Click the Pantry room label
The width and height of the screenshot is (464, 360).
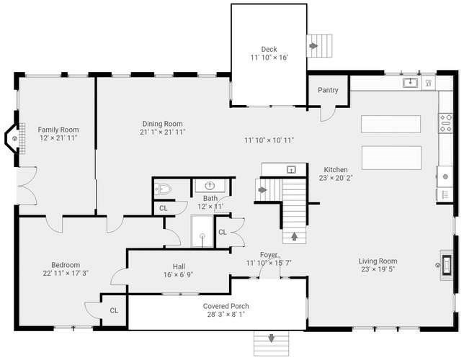point(328,90)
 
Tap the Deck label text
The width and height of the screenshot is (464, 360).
point(269,49)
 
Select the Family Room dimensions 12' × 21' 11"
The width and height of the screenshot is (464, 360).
point(58,138)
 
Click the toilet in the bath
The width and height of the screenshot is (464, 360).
point(163,189)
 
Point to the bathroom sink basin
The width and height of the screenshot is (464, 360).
point(210,186)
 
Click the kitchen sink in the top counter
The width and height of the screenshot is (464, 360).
point(410,83)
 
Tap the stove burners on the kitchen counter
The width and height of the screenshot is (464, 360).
point(446,123)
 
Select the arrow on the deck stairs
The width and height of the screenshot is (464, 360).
point(313,46)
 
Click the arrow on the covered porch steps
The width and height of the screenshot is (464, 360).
point(272,338)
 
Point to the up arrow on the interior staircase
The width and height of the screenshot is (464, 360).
point(294,236)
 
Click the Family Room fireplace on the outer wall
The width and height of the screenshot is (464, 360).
point(15,138)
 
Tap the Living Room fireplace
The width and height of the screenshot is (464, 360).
point(446,265)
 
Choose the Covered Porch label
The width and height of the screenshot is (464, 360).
point(226,306)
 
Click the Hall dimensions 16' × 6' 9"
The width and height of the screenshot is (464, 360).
point(178,275)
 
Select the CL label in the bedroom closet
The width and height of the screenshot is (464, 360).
point(114,310)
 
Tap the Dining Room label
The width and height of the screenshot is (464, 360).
point(162,124)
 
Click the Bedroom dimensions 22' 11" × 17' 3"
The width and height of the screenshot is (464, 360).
point(66,273)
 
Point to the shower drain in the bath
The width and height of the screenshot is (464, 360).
point(202,235)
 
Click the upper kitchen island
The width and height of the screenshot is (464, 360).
point(391,125)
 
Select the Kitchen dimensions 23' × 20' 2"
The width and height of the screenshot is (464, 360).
point(336,178)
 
